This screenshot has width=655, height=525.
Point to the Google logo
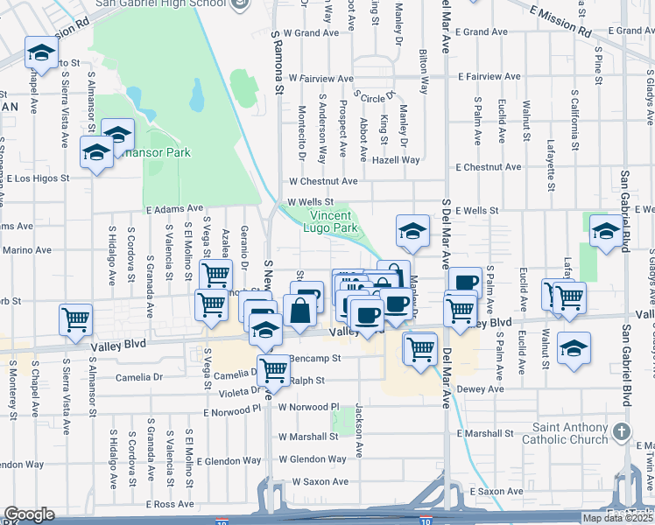click(29, 514)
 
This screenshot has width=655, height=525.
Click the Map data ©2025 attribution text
click(617, 518)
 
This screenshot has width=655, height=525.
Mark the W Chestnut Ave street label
click(324, 181)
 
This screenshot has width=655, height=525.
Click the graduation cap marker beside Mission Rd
click(40, 54)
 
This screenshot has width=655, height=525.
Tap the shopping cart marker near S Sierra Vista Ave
click(76, 319)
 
